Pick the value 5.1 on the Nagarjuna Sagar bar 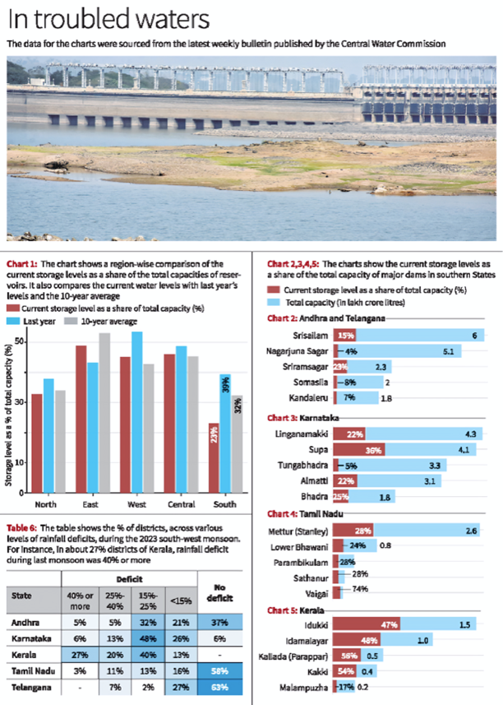(448, 350)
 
